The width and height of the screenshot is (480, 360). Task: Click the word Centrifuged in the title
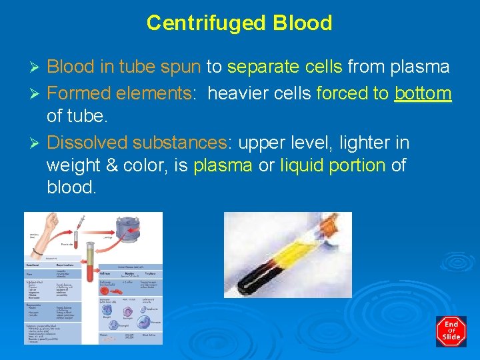click(198, 23)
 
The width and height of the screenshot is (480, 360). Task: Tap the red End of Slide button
click(451, 331)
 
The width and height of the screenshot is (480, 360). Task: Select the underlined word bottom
click(423, 93)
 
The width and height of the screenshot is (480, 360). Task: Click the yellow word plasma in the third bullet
click(223, 165)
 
